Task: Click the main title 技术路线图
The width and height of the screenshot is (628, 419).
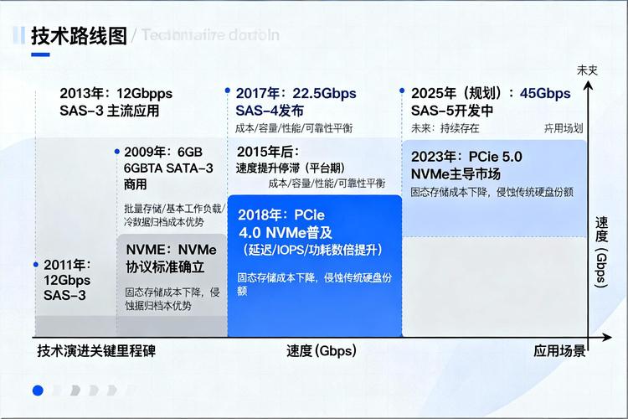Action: (79, 36)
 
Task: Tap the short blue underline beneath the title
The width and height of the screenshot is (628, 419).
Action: (40, 54)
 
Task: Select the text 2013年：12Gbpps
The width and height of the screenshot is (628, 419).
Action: (116, 93)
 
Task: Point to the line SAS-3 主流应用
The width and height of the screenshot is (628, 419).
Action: (109, 111)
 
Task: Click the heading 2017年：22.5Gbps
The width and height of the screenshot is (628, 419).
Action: (296, 93)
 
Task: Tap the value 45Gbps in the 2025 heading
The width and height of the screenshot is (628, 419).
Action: (545, 93)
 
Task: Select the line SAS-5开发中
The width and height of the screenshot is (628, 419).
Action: (451, 111)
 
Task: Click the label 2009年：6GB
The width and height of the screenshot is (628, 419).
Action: (163, 152)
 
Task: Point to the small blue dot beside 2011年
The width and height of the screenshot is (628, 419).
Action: (36, 264)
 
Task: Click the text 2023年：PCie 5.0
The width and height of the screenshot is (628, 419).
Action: (466, 156)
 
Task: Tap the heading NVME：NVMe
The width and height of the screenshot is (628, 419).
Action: (171, 250)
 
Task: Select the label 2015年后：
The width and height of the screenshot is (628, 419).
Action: (267, 151)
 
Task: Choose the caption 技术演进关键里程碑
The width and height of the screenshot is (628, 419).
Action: (96, 351)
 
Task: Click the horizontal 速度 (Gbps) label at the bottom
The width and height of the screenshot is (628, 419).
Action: (321, 351)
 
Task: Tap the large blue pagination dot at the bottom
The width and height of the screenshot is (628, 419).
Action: (37, 390)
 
